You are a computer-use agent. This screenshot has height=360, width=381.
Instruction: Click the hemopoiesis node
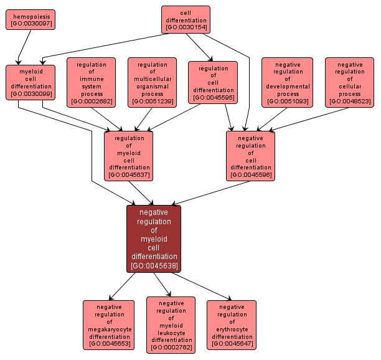click(x=31, y=19)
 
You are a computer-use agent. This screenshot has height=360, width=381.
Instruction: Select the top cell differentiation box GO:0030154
click(x=186, y=20)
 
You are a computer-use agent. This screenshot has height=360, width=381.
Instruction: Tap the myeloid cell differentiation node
click(x=31, y=82)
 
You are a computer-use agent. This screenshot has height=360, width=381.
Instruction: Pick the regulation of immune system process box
click(x=91, y=82)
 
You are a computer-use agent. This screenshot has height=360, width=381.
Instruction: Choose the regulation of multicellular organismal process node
click(x=152, y=82)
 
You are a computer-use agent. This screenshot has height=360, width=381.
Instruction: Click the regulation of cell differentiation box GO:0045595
click(x=213, y=82)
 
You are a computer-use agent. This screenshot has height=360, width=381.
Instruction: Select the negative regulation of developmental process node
click(x=287, y=82)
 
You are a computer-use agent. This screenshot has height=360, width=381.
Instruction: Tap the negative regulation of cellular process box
click(x=350, y=82)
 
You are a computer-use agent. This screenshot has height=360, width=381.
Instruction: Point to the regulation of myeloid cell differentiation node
click(x=129, y=156)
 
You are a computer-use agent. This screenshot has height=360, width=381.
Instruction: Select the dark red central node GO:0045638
click(x=154, y=239)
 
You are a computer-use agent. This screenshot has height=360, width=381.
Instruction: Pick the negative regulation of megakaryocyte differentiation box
click(x=108, y=324)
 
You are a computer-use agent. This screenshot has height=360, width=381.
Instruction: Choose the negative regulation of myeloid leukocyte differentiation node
click(x=171, y=324)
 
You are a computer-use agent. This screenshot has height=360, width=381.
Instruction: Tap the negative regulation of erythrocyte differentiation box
click(x=232, y=324)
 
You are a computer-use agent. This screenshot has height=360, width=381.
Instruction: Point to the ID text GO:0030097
click(x=31, y=24)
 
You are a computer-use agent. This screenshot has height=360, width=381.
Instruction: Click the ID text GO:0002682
click(x=91, y=101)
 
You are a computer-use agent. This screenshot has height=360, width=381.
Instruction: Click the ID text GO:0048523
click(x=350, y=101)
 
